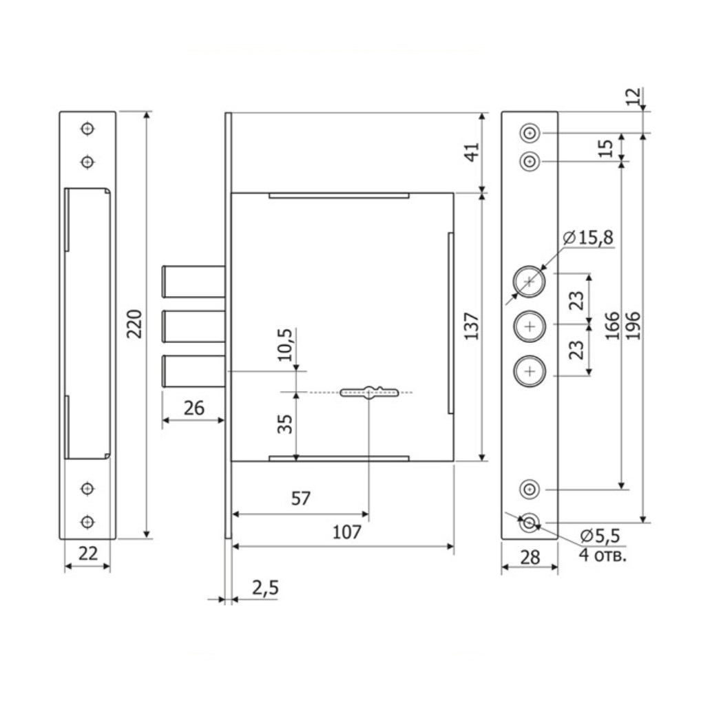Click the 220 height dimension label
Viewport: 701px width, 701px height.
click(134, 324)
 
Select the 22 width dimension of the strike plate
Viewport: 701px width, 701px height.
click(88, 554)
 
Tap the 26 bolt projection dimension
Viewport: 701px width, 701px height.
click(193, 408)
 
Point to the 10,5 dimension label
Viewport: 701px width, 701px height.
click(284, 345)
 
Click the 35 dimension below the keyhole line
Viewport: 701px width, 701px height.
click(285, 424)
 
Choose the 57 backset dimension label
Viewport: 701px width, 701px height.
click(300, 499)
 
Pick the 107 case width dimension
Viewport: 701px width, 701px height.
click(347, 532)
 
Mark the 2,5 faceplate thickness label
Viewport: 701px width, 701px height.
click(266, 588)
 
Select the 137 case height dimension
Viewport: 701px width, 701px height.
click(472, 326)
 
